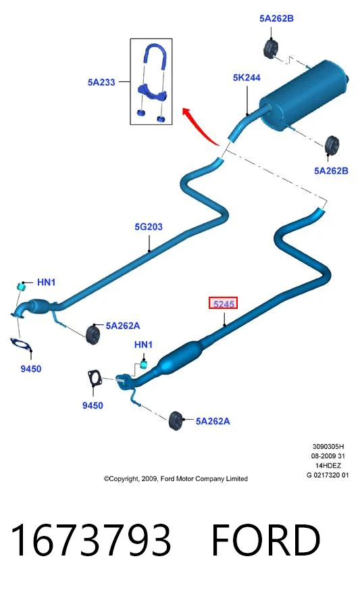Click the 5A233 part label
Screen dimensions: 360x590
click(101, 82)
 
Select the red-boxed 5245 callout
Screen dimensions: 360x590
click(224, 303)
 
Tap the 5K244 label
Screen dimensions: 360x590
click(247, 78)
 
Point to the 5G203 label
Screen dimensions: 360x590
click(149, 226)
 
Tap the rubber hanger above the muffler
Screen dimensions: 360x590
click(270, 48)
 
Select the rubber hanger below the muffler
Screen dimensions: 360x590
click(332, 145)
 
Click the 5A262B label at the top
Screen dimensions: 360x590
click(276, 18)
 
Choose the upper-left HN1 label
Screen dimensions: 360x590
click(47, 282)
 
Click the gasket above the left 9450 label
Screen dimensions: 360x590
click(21, 345)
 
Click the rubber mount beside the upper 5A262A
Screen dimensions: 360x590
click(93, 333)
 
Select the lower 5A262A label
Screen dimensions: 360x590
click(213, 421)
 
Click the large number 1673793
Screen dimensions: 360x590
click(91, 540)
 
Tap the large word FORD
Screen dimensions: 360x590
click(265, 540)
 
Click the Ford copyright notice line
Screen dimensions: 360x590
click(176, 478)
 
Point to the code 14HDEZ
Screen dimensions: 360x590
click(328, 466)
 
